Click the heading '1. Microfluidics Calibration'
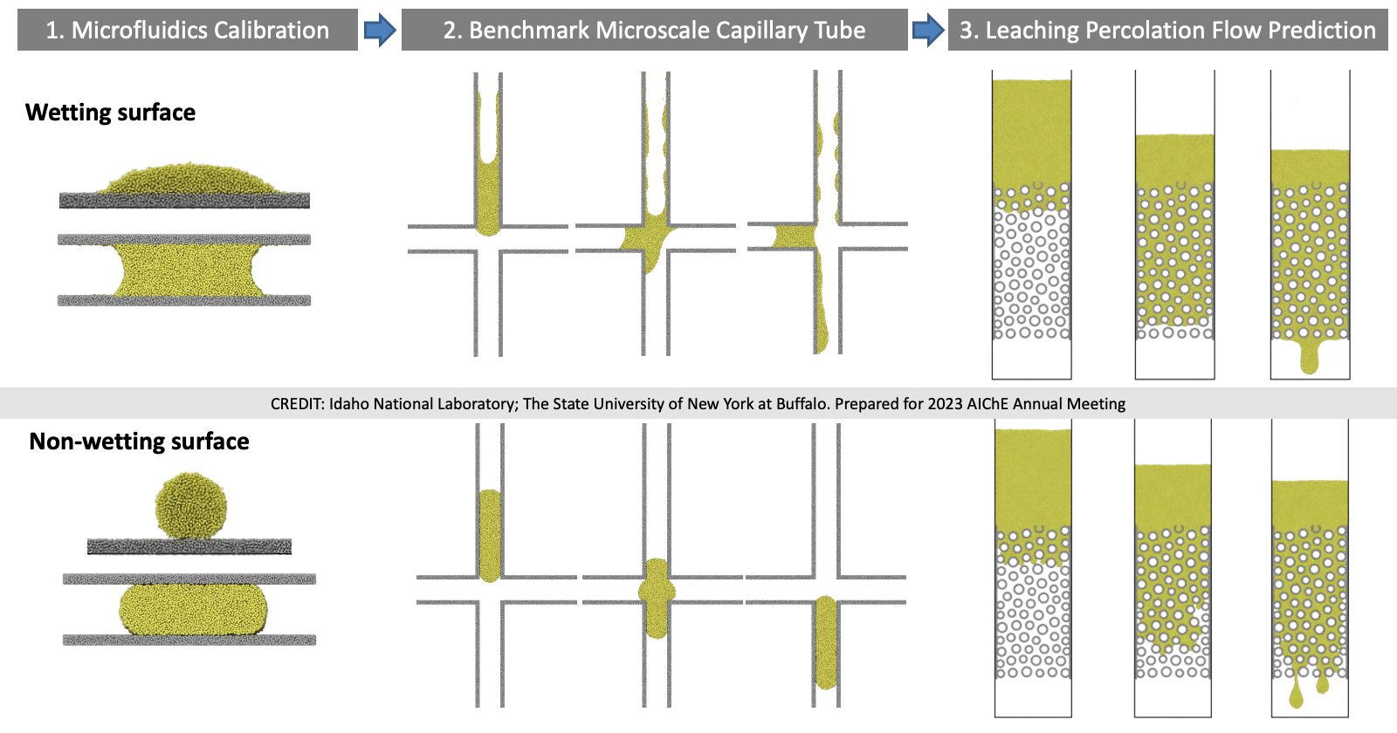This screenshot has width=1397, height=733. (187, 31)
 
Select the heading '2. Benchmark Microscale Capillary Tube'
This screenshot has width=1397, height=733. (654, 31)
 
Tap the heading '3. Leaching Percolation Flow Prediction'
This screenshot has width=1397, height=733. (1167, 31)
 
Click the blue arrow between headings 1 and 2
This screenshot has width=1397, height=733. (379, 31)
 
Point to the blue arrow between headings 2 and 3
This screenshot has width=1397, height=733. (927, 31)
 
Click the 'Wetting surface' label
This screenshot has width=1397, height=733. (110, 113)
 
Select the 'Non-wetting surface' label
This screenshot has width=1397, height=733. (139, 442)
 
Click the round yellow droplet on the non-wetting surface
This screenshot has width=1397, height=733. (190, 506)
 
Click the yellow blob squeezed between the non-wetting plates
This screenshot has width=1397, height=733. (193, 609)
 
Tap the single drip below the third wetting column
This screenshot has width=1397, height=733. (1308, 357)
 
